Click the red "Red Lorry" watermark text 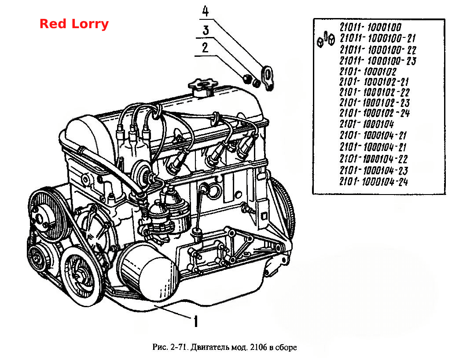(74, 24)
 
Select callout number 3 (206, 30)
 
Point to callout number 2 (205, 48)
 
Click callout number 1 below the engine (195, 321)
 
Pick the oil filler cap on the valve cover (202, 86)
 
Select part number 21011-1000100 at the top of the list (370, 27)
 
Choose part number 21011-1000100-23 (378, 61)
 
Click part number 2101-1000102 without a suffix (367, 72)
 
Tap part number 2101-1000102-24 (374, 113)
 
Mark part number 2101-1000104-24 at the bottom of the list (373, 182)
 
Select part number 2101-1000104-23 (373, 170)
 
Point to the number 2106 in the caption (258, 347)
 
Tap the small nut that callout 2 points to (247, 78)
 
